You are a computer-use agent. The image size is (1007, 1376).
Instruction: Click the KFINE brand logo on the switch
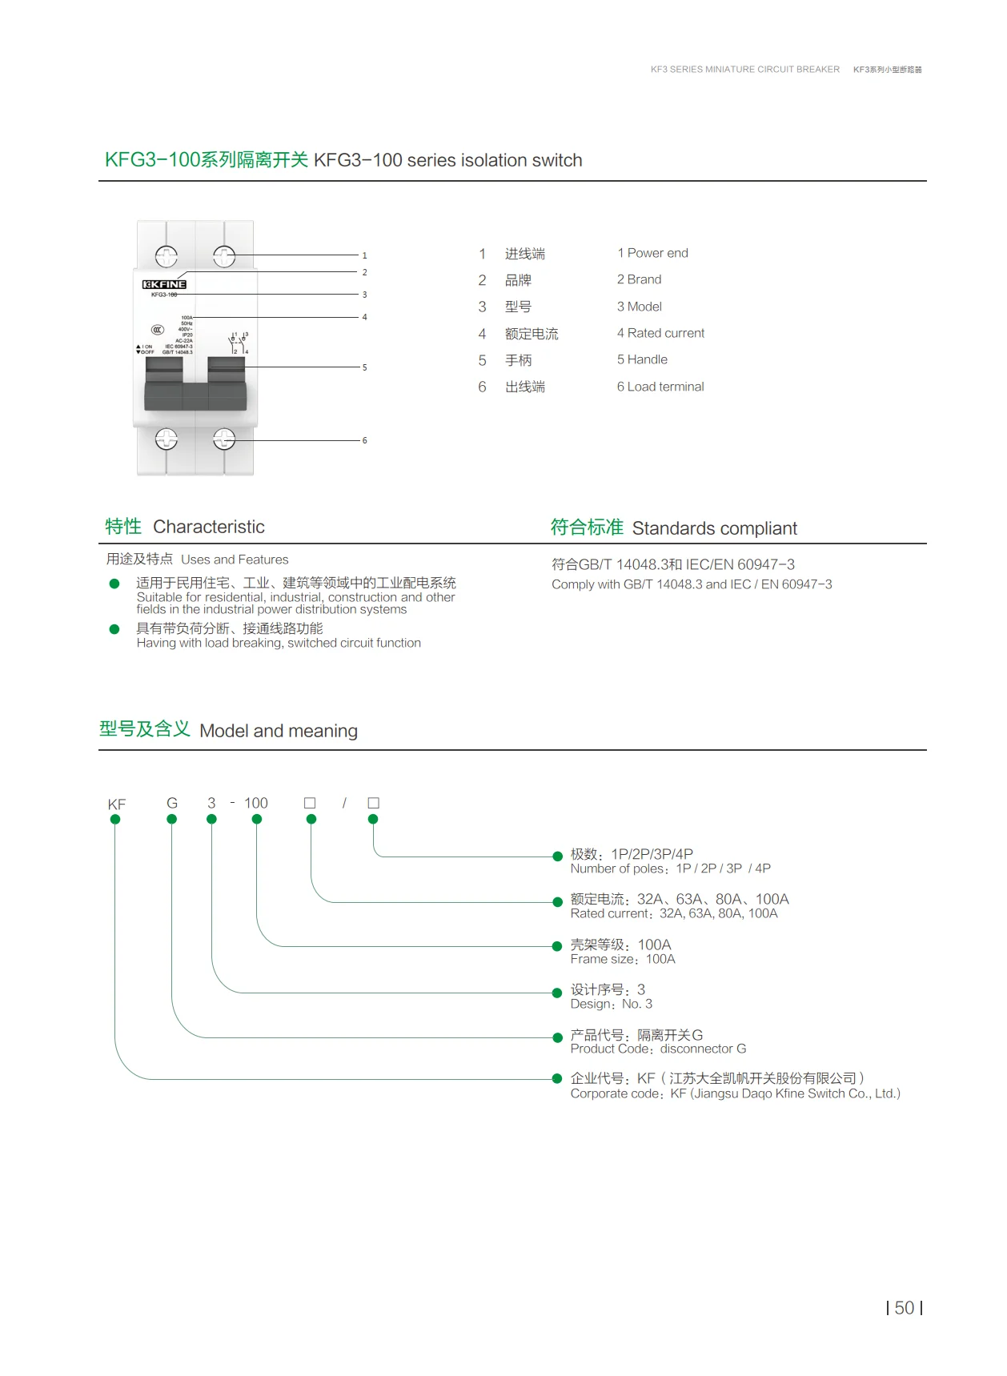pos(164,284)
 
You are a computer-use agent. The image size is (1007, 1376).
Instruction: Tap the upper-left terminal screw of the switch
pos(166,256)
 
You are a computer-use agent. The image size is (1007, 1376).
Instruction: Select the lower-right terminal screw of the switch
pos(224,439)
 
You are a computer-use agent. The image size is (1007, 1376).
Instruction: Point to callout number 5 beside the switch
pos(364,368)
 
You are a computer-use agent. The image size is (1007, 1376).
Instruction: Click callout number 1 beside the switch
pos(364,256)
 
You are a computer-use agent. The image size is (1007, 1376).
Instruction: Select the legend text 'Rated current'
pos(665,333)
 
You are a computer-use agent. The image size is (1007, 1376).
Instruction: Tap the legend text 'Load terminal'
pos(665,387)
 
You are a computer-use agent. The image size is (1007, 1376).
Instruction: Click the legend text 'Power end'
pos(657,253)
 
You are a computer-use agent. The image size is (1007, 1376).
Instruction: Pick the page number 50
pos(905,1308)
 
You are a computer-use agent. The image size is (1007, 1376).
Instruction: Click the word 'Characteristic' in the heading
pos(209,527)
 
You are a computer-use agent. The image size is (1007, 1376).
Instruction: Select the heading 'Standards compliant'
pos(714,528)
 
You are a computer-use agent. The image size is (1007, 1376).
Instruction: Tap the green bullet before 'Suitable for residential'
pos(114,584)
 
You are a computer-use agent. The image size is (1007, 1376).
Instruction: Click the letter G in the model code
pos(171,803)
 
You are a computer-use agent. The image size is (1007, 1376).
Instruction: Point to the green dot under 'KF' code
pos(115,819)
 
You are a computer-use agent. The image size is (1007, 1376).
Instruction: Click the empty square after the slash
pos(373,803)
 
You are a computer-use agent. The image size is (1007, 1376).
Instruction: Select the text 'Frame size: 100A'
pos(623,959)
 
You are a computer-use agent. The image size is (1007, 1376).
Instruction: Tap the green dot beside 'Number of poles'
pos(558,856)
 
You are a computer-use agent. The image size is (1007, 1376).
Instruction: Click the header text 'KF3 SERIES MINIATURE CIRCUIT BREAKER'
pos(745,70)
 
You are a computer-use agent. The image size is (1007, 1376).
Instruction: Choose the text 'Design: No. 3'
pos(612,1004)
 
